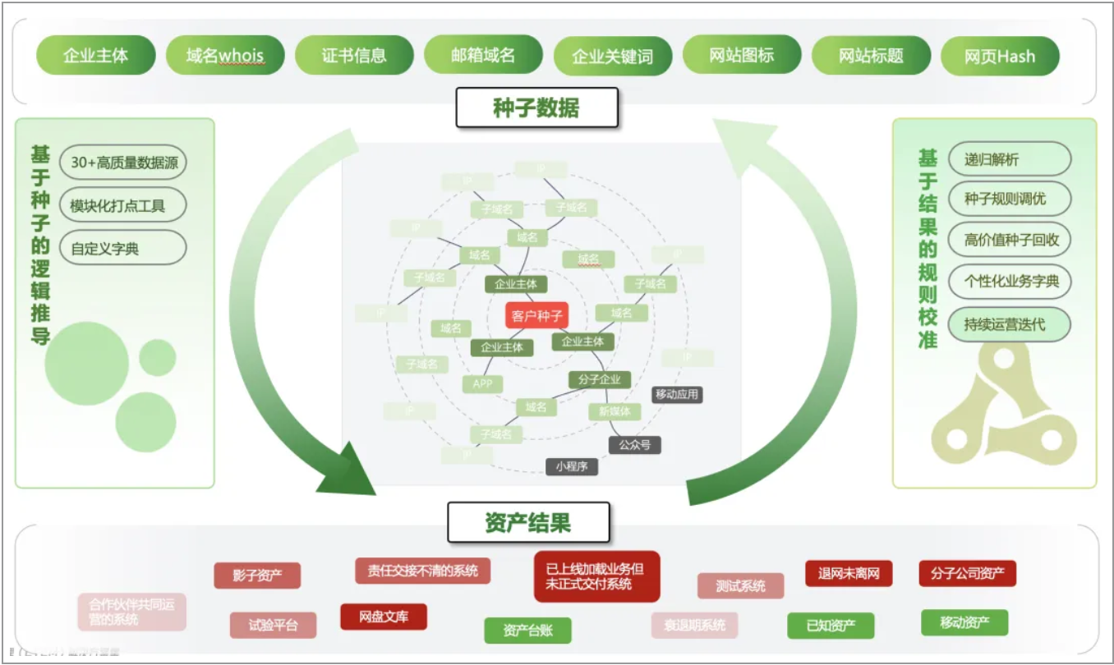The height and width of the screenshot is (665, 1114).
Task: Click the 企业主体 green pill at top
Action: [x=96, y=56]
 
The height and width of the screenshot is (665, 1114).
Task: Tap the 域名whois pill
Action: [x=225, y=56]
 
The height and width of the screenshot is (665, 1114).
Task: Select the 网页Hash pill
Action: [x=1000, y=57]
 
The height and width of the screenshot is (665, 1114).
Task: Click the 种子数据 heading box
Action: [x=536, y=108]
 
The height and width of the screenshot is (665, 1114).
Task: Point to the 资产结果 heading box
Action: [x=528, y=523]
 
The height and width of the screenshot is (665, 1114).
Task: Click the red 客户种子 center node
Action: [x=536, y=314]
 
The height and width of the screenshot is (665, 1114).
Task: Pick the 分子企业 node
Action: [x=600, y=379]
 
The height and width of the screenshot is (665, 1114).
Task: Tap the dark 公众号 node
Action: [x=634, y=445]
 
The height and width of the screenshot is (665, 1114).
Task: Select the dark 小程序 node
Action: [x=572, y=466]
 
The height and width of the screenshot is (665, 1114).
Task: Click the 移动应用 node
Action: [x=677, y=394]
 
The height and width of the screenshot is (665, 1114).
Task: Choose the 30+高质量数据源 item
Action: [x=124, y=163]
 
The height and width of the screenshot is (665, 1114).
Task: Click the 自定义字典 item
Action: [x=104, y=248]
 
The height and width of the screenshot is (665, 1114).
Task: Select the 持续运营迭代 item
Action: [x=1010, y=324]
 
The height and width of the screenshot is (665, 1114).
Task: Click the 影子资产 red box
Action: [x=257, y=576]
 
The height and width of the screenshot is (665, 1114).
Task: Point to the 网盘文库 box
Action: [x=384, y=617]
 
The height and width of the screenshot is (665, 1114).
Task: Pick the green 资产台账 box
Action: [x=527, y=631]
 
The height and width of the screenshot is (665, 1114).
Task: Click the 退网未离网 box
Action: [x=849, y=573]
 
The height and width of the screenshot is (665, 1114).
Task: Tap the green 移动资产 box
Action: [x=964, y=622]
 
